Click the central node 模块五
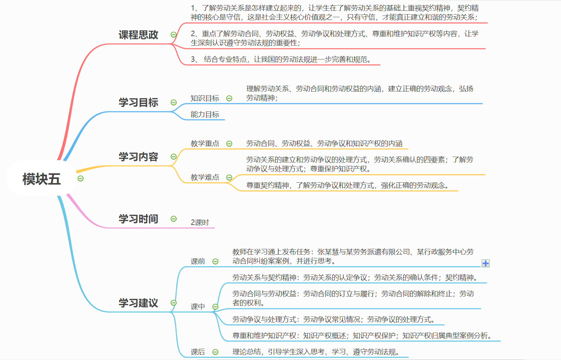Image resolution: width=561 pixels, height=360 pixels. point(41,179)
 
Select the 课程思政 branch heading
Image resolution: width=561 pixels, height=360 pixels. point(138,35)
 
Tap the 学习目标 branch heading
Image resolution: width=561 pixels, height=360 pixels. point(138,102)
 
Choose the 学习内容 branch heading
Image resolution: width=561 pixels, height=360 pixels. point(138,157)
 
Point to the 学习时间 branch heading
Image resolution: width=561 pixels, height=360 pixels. point(138,219)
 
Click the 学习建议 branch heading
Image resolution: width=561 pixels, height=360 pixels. point(138,303)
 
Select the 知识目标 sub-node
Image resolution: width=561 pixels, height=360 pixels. point(205,98)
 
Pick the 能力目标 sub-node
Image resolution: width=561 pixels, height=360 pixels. point(205,114)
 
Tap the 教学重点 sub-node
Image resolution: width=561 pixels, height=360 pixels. point(205,144)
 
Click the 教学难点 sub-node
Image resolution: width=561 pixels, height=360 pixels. point(205,177)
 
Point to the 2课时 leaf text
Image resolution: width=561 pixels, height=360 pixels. point(200,223)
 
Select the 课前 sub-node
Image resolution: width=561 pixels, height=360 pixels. point(198,261)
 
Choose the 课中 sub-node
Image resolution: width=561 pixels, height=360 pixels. point(198,307)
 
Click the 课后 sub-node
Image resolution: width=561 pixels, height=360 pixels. point(198,352)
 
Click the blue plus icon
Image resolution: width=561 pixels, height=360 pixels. point(485,263)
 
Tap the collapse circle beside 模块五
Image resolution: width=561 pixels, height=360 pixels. point(80,178)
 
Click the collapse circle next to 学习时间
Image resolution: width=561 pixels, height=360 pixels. point(174,219)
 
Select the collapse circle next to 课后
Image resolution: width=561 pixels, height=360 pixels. point(215,352)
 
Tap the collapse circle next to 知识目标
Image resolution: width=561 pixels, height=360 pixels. point(229,98)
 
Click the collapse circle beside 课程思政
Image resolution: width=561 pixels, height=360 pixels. point(174,35)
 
